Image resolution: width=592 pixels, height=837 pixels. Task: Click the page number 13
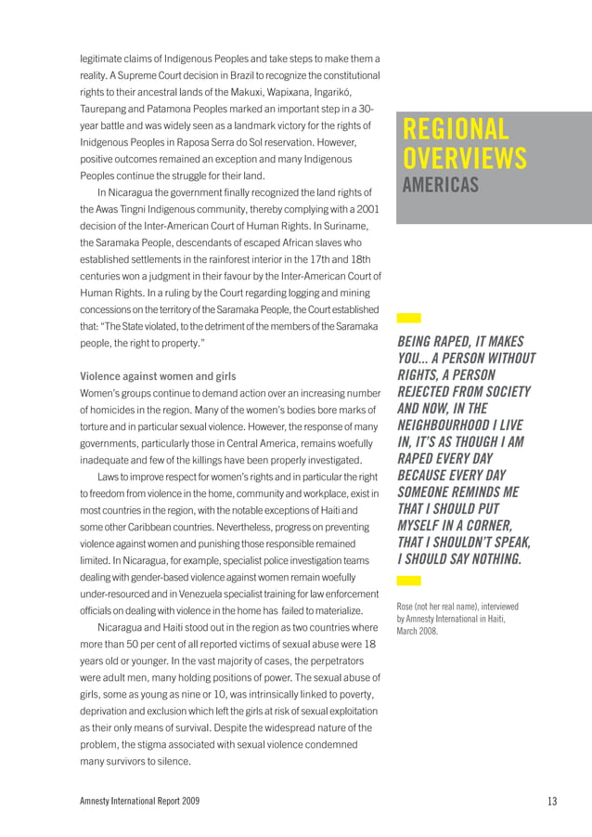point(552,801)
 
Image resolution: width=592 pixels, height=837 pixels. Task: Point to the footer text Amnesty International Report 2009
point(139,801)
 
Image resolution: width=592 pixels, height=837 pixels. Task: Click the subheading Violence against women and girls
point(158,376)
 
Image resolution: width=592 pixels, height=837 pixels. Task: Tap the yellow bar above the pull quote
point(408,318)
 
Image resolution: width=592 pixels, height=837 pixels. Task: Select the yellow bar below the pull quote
point(408,581)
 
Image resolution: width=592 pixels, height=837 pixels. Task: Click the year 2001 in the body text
point(364,209)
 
